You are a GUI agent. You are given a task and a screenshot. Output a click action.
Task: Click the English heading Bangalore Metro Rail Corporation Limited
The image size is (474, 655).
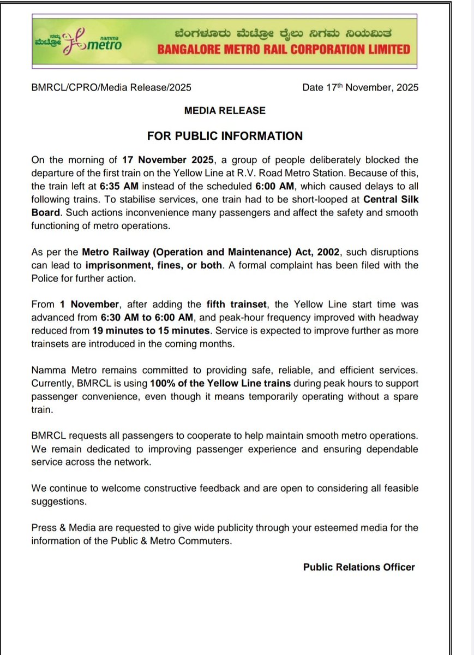tap(284, 50)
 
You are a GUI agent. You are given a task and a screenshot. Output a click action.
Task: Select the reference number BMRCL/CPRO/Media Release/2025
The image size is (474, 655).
tap(111, 87)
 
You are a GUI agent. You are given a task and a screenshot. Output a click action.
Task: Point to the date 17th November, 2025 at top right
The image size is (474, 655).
tap(361, 87)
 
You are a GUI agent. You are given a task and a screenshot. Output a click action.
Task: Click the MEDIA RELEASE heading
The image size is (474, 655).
tap(225, 110)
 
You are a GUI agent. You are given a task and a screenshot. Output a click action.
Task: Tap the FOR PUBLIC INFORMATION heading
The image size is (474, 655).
tap(225, 135)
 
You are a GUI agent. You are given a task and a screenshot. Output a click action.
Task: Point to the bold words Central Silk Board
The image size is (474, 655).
tap(382, 198)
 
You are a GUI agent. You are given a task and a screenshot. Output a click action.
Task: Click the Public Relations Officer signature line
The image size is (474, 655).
tap(359, 567)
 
